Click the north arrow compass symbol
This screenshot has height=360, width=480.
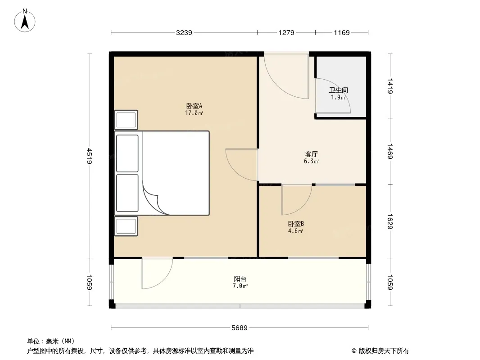coord(25,21)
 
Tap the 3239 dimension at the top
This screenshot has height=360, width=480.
coord(184,33)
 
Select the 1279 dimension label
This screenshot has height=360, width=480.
coord(286,33)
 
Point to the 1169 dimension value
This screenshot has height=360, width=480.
coord(342,33)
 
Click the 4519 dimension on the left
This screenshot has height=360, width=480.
coord(89,156)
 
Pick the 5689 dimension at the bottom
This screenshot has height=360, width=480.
coord(240,328)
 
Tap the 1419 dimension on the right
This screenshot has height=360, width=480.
coord(389,86)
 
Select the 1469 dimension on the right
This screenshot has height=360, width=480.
coord(389,151)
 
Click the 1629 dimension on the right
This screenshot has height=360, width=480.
coord(389,221)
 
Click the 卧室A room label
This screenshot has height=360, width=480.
coord(194,106)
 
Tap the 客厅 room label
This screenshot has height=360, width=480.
coord(311,154)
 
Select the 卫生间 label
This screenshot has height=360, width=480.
coord(338,90)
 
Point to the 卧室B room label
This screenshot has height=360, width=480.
coord(296,224)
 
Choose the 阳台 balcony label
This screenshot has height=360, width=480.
coord(240,279)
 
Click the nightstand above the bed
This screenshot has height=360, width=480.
coord(126,120)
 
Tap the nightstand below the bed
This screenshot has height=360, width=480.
coord(126,226)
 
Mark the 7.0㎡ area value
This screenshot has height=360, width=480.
coord(240,286)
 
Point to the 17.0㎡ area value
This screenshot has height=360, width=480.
coord(194,113)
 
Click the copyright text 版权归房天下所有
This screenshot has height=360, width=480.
coord(384,351)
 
